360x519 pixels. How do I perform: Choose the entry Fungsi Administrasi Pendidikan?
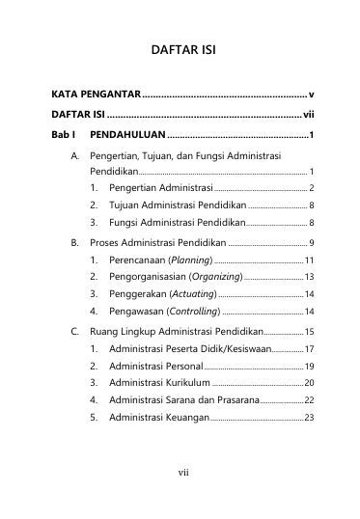[179, 222]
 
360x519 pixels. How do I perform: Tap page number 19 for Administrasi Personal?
[309, 367]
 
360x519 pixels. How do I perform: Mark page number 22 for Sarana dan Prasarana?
[309, 401]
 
